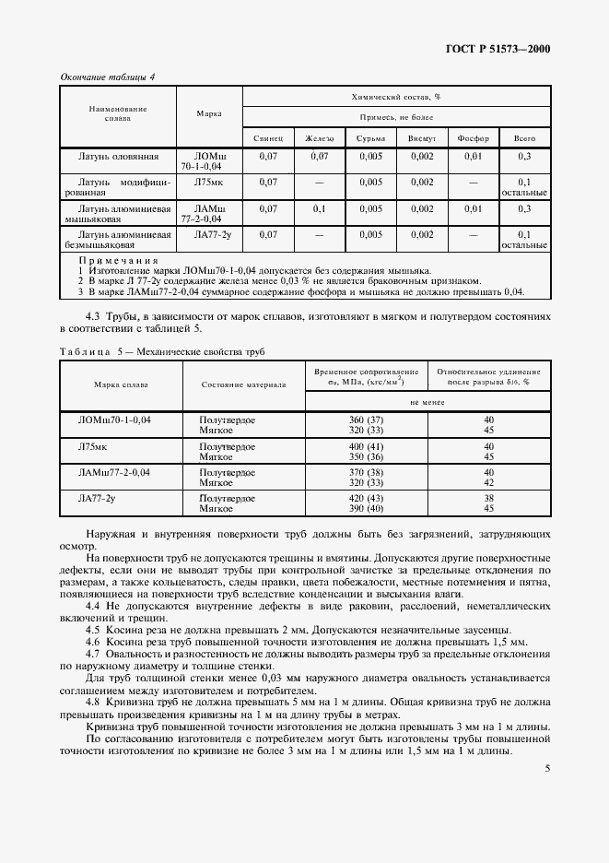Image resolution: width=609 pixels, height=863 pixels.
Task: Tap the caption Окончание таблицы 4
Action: tap(107, 77)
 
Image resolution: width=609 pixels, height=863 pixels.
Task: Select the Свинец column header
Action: tap(269, 138)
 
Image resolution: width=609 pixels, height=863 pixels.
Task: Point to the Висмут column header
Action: tap(422, 138)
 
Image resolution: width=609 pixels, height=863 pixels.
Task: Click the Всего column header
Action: tap(524, 138)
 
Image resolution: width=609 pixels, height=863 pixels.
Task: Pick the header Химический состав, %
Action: tap(396, 97)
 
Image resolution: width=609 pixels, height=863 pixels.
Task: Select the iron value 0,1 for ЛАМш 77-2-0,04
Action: tap(320, 208)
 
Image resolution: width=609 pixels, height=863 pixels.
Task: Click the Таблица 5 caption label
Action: tap(87, 352)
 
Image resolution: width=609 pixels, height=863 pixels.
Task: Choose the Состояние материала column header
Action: tap(243, 384)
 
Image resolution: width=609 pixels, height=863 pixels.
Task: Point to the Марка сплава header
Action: tap(121, 384)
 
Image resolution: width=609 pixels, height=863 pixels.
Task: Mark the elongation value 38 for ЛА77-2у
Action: tap(489, 497)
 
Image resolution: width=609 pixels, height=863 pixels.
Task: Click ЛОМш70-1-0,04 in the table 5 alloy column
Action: tap(114, 420)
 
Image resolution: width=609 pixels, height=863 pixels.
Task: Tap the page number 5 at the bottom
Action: tap(547, 769)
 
